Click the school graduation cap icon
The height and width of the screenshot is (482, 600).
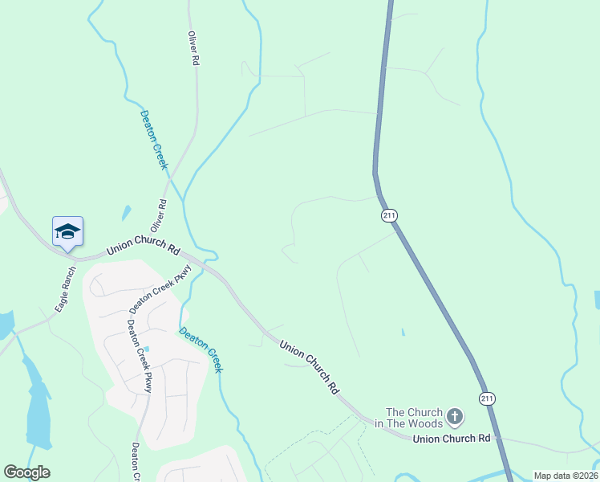pos(68,231)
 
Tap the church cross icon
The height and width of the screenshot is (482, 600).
pos(455,416)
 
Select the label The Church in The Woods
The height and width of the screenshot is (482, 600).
pos(414,418)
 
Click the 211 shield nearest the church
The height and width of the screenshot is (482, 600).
pos(487,398)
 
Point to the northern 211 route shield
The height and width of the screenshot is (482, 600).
pos(389,215)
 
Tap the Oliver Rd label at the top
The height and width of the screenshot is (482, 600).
pos(193,49)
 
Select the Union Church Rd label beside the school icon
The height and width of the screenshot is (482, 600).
pos(143,246)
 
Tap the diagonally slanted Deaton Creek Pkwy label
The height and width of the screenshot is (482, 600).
pos(160,289)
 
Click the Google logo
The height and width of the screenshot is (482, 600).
pos(26,472)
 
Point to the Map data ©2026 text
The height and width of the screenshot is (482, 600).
pos(566,476)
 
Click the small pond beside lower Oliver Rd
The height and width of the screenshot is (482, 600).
pos(127,213)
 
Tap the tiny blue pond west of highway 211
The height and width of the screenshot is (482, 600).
pos(403,332)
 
